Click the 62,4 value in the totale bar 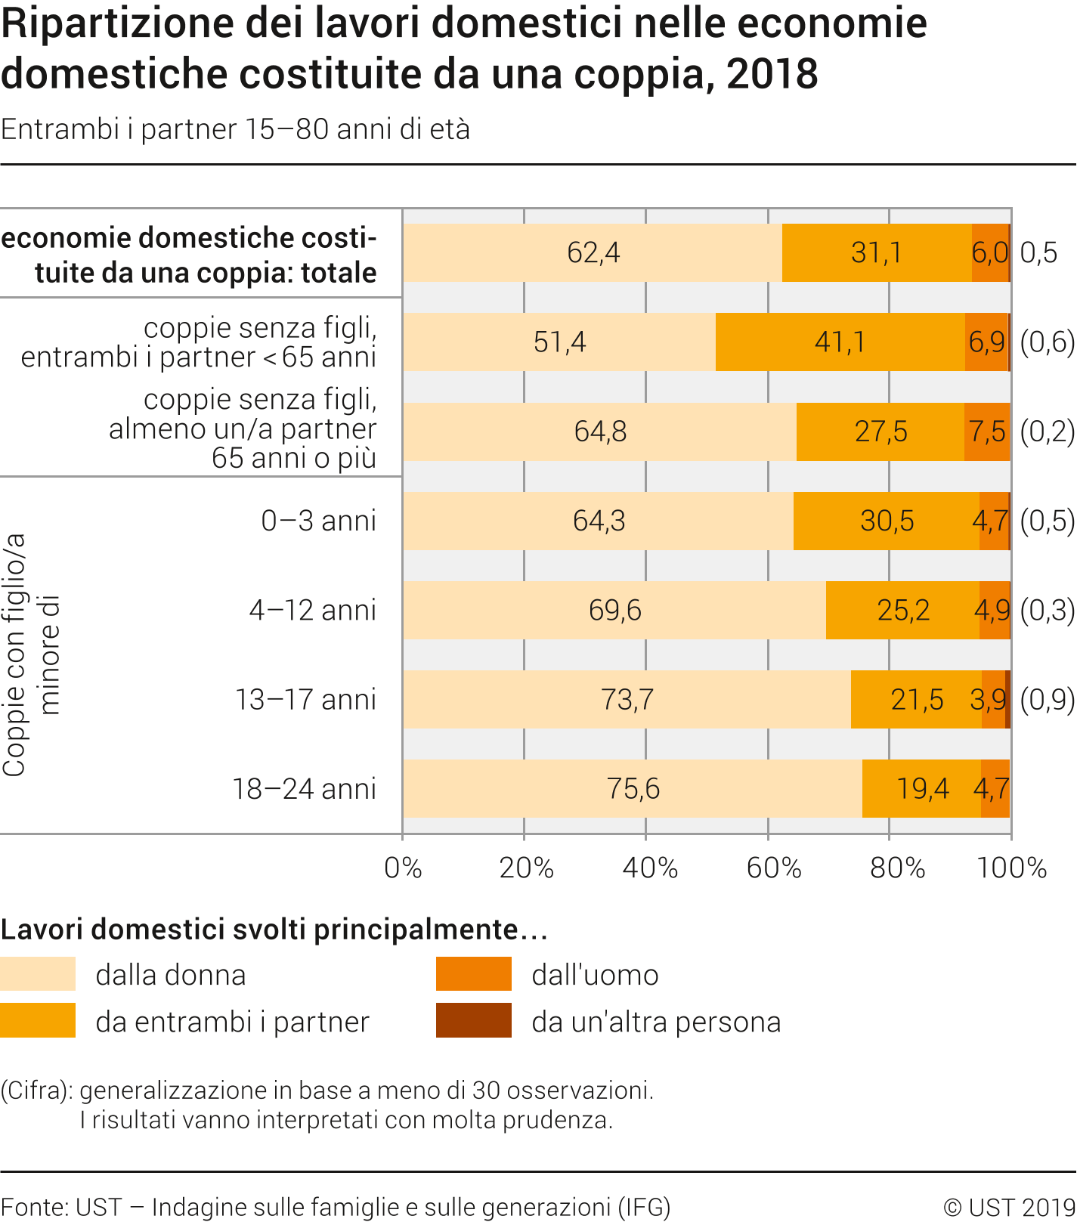(593, 252)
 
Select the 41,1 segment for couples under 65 (840, 342)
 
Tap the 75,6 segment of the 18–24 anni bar (633, 789)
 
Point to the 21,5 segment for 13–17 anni (917, 700)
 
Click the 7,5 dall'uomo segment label (988, 432)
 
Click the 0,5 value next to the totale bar (1038, 252)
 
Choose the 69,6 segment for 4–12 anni (614, 611)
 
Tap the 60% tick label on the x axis (773, 868)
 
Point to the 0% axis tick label (403, 868)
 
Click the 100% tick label (1011, 868)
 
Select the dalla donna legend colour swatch (38, 974)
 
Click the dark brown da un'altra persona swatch (474, 1021)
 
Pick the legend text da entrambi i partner (232, 1022)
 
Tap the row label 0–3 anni (318, 521)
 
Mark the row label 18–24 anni (304, 789)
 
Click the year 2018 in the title (772, 74)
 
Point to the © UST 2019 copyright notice (1009, 1207)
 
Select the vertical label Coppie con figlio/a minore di (30, 654)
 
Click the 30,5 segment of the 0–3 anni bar (887, 521)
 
